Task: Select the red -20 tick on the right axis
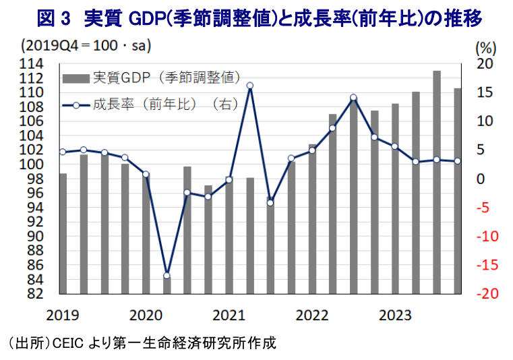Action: [x=486, y=295]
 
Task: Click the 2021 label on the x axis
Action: [x=229, y=314]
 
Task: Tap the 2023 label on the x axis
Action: [x=395, y=314]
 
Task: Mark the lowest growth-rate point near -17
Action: [x=167, y=275]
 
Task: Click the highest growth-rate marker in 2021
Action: [x=249, y=86]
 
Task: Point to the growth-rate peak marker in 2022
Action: [x=353, y=98]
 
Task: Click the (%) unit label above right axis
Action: [x=486, y=47]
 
